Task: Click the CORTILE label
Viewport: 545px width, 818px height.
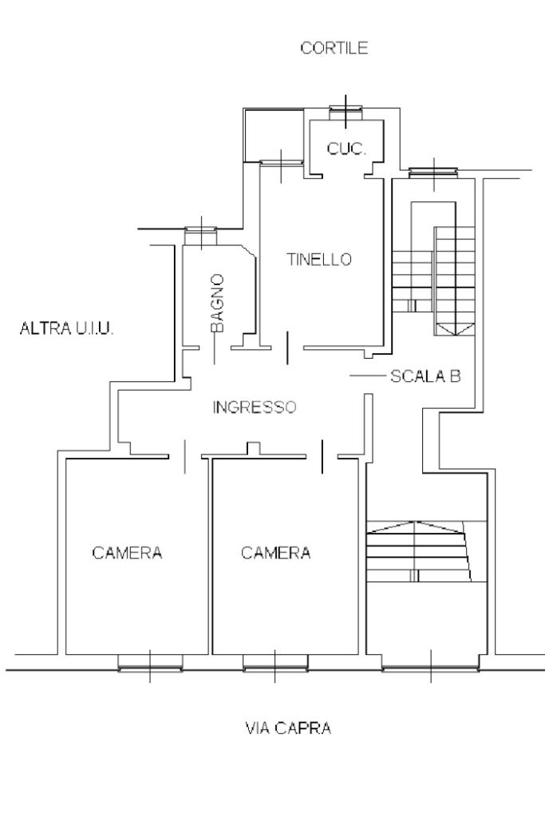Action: click(334, 49)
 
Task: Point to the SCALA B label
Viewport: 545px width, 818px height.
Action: click(425, 375)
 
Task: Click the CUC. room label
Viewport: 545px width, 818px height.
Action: click(347, 148)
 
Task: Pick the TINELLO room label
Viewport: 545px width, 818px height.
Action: click(319, 260)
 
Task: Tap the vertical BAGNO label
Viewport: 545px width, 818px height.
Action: click(217, 303)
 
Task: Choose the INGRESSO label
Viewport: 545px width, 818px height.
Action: click(255, 407)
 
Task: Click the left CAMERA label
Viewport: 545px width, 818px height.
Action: click(128, 553)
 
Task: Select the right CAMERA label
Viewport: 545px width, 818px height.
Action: click(276, 553)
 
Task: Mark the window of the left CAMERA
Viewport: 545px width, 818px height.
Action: click(150, 661)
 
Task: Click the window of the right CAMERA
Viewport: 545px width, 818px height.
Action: click(274, 661)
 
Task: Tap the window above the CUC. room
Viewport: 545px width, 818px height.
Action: click(346, 109)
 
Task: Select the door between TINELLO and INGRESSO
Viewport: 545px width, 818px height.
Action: click(287, 348)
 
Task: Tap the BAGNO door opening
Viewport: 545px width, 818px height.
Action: click(216, 348)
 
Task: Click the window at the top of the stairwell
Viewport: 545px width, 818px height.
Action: click(433, 171)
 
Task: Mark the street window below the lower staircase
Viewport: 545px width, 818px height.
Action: click(431, 661)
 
